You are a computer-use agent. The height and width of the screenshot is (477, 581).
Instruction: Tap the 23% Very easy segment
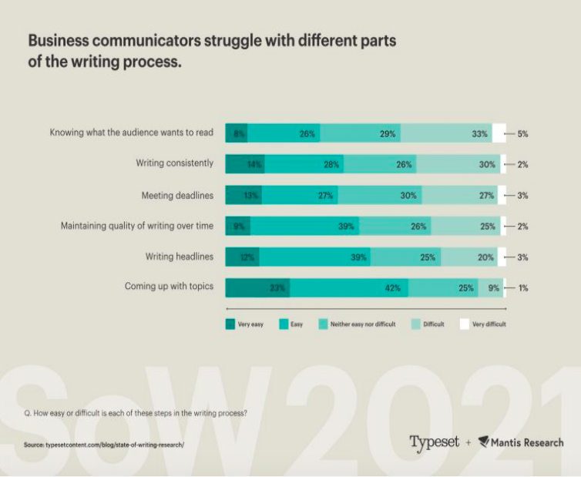[x=257, y=287]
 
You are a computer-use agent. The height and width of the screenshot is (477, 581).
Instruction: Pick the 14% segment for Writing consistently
[x=245, y=164]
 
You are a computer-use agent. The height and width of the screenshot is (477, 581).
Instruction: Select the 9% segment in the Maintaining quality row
[x=238, y=226]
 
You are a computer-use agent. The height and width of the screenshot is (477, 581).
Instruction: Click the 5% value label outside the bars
[x=522, y=133]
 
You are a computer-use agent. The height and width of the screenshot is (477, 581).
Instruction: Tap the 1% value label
[x=522, y=287]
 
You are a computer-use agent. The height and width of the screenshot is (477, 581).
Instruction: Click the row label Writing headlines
[x=179, y=257]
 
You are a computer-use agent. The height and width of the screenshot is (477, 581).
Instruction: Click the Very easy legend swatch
[x=230, y=324]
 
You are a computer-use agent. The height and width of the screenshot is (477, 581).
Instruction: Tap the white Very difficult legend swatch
[x=464, y=324]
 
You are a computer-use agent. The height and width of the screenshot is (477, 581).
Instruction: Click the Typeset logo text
[x=434, y=442]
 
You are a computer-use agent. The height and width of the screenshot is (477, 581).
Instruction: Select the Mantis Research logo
[x=520, y=442]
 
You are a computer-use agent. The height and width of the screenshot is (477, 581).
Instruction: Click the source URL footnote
[x=105, y=445]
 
